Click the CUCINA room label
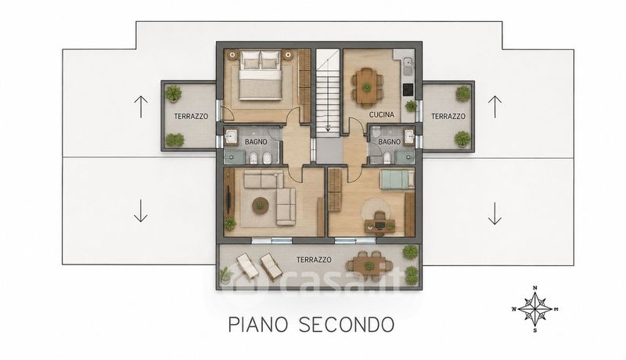[381, 115]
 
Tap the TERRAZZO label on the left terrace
[191, 117]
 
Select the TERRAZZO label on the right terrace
[448, 117]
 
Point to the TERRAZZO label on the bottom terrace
[314, 260]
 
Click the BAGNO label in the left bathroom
[256, 142]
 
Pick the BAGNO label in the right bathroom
[389, 142]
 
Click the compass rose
[534, 309]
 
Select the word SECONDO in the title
[347, 325]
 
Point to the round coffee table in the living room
[261, 206]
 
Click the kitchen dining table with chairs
[366, 87]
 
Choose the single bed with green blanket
[397, 179]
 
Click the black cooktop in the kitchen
[408, 90]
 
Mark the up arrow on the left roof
[141, 106]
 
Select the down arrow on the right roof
[495, 214]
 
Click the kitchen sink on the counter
[408, 63]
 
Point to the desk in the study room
[380, 225]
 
